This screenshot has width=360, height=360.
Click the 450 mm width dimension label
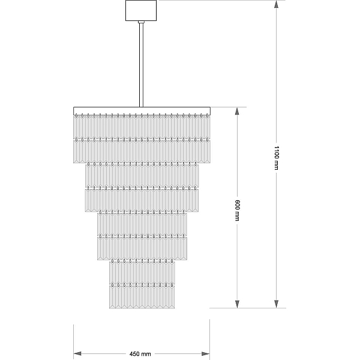click(140, 354)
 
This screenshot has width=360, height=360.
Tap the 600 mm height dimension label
click(237, 211)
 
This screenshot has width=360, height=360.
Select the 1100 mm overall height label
click(277, 158)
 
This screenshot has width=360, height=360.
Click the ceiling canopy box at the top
click(141, 10)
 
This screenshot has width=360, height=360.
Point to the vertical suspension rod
click(141, 65)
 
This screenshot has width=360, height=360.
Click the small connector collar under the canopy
click(141, 22)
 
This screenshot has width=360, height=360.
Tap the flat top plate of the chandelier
click(142, 110)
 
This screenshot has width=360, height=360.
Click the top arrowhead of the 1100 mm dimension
click(277, 4)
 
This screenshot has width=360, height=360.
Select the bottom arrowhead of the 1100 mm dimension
click(277, 304)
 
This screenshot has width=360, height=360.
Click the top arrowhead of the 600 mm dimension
click(237, 111)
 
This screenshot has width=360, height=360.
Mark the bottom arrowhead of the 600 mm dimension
click(237, 304)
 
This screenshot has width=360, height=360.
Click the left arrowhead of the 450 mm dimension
click(77, 354)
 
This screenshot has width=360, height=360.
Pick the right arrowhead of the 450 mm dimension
click(205, 354)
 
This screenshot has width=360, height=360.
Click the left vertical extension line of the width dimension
click(73, 342)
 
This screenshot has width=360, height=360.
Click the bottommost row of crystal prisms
click(142, 297)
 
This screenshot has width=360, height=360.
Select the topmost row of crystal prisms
click(142, 127)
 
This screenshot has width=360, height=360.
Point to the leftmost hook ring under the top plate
click(76, 116)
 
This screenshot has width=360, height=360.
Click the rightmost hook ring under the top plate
click(207, 116)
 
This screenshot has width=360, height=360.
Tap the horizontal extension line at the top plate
click(229, 107)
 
